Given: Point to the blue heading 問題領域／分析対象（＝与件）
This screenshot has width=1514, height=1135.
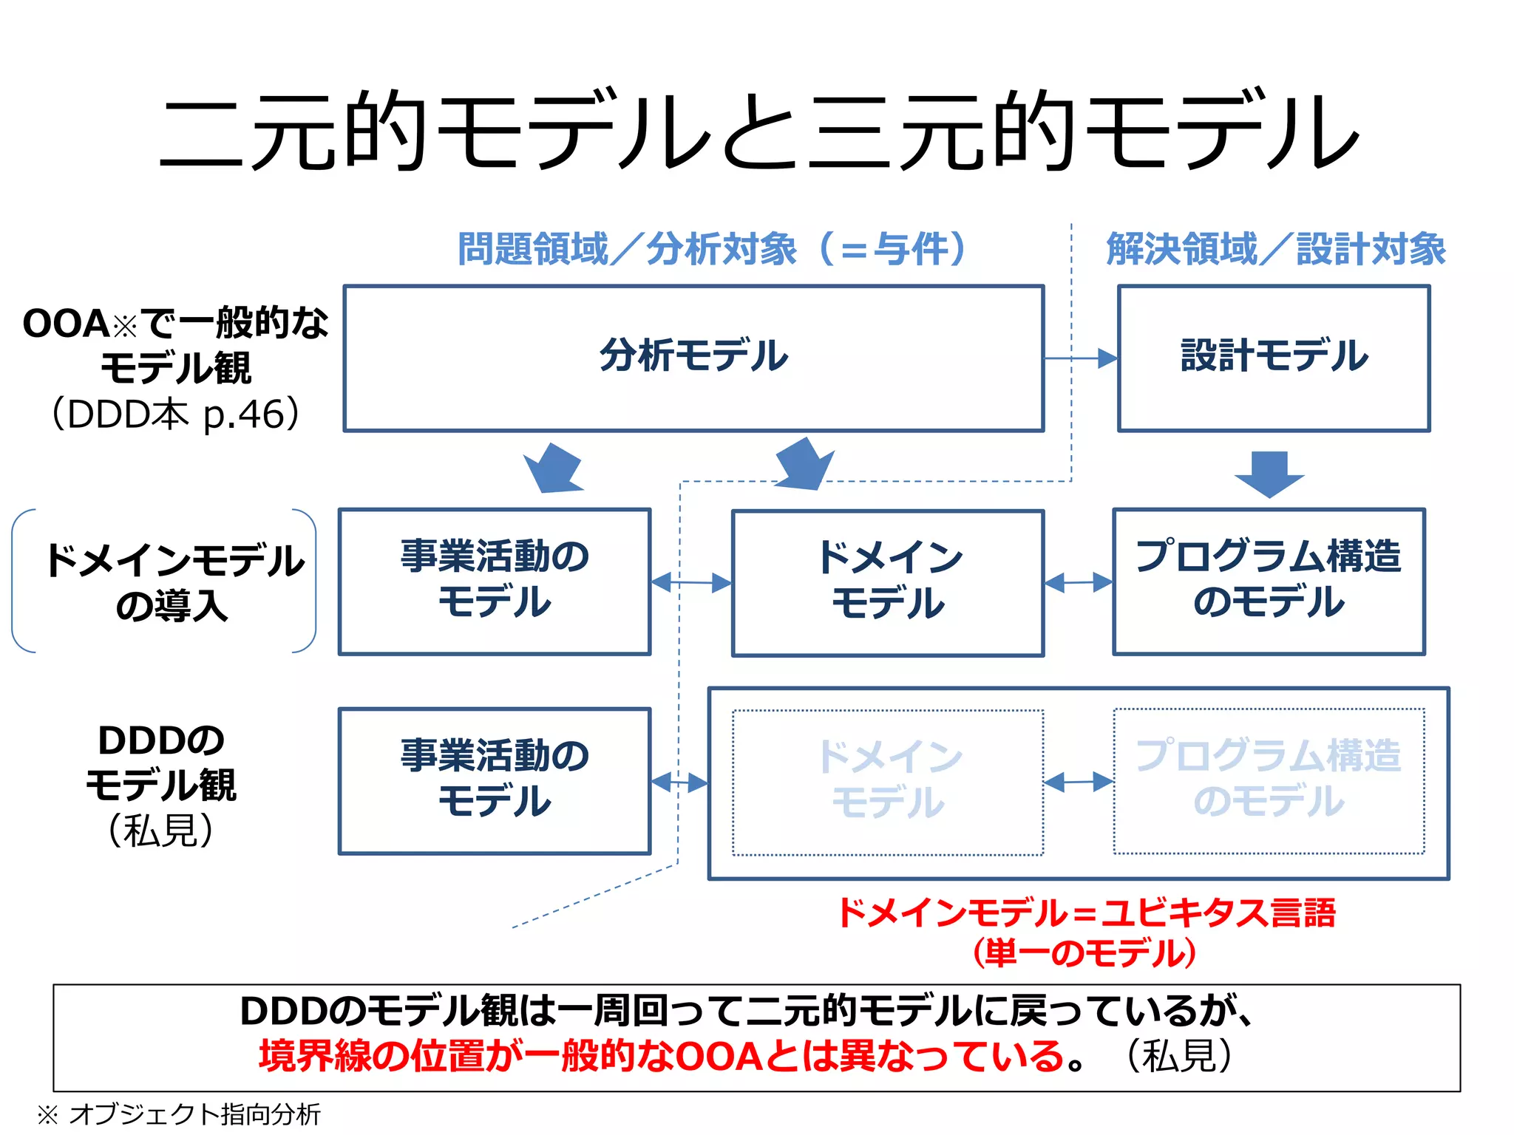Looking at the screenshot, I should pos(711,249).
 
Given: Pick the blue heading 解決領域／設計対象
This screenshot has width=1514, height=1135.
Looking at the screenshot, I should pos(1276,249).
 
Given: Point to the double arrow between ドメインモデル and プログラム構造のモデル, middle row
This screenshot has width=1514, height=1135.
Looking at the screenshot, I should pos(1078,582).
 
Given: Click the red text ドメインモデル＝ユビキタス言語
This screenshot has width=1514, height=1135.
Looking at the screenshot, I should pos(1085,913).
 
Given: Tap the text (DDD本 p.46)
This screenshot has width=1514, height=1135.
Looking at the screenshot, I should pos(176,414).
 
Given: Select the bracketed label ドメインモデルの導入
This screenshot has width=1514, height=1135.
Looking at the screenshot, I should pos(173,582).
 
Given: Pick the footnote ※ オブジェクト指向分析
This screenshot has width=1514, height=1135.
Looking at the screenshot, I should pos(179,1114).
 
